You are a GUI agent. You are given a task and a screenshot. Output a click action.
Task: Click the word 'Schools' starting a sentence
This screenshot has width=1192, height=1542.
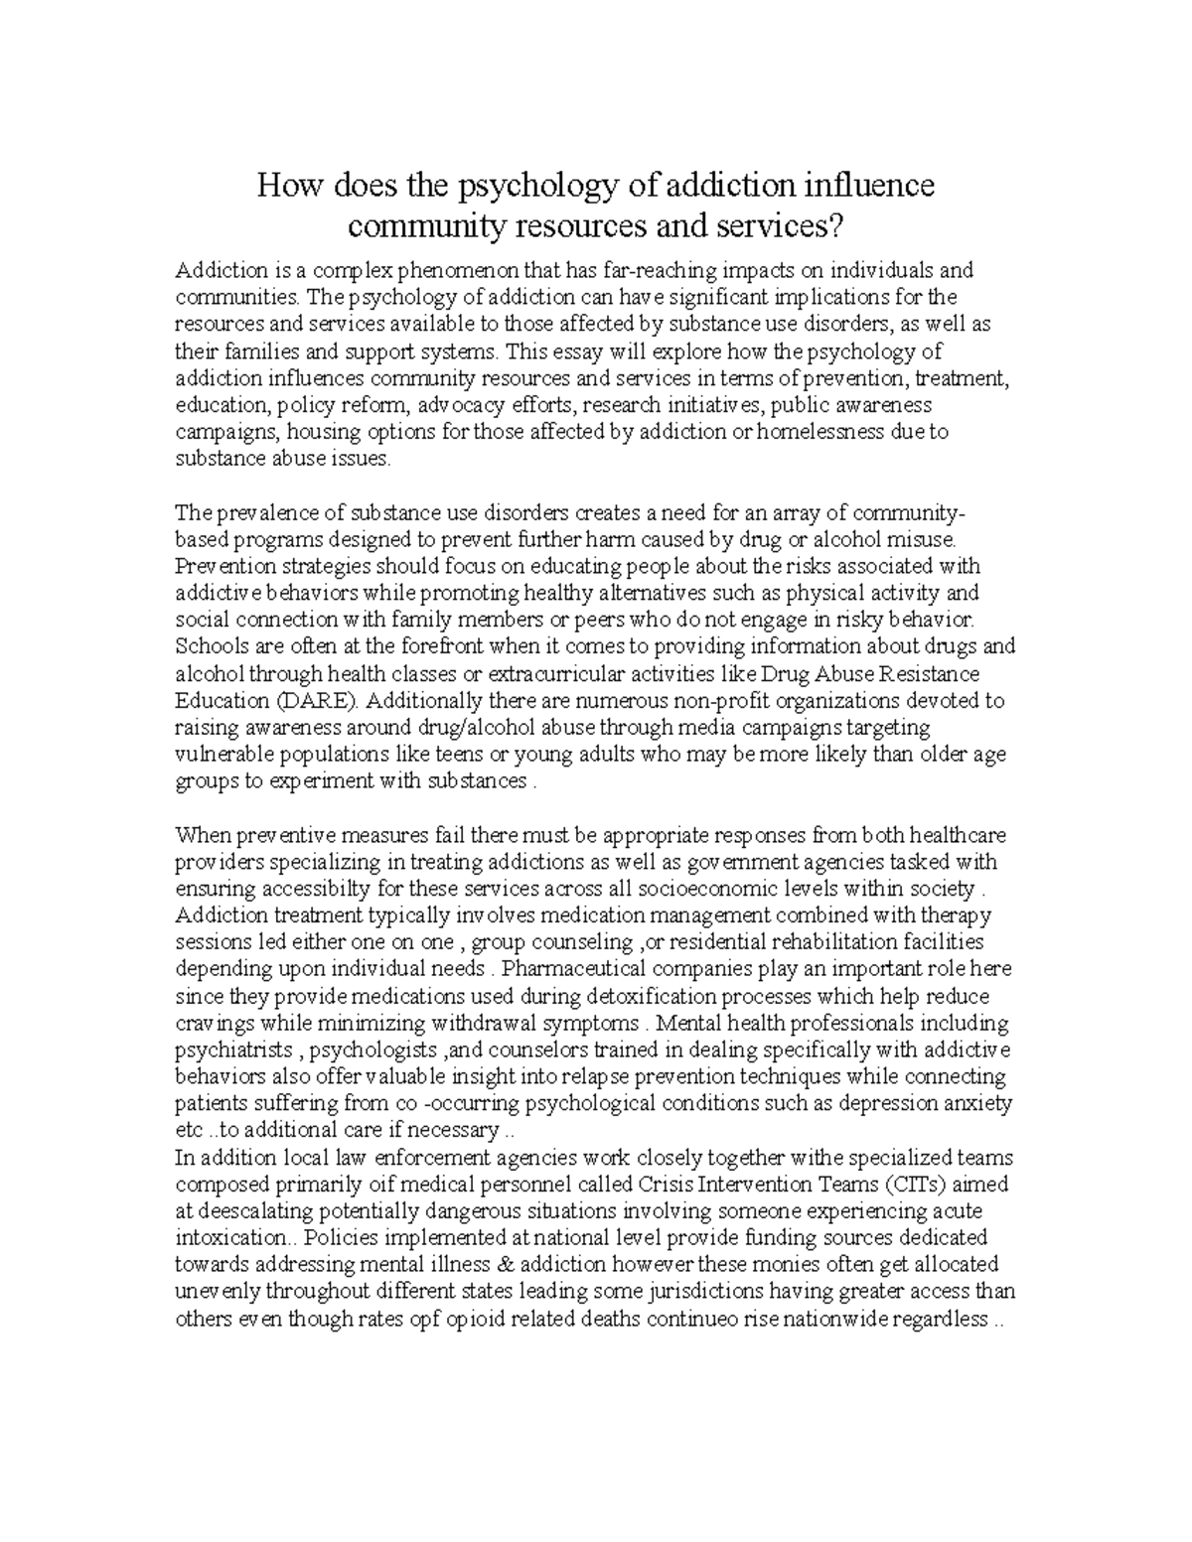207,646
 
